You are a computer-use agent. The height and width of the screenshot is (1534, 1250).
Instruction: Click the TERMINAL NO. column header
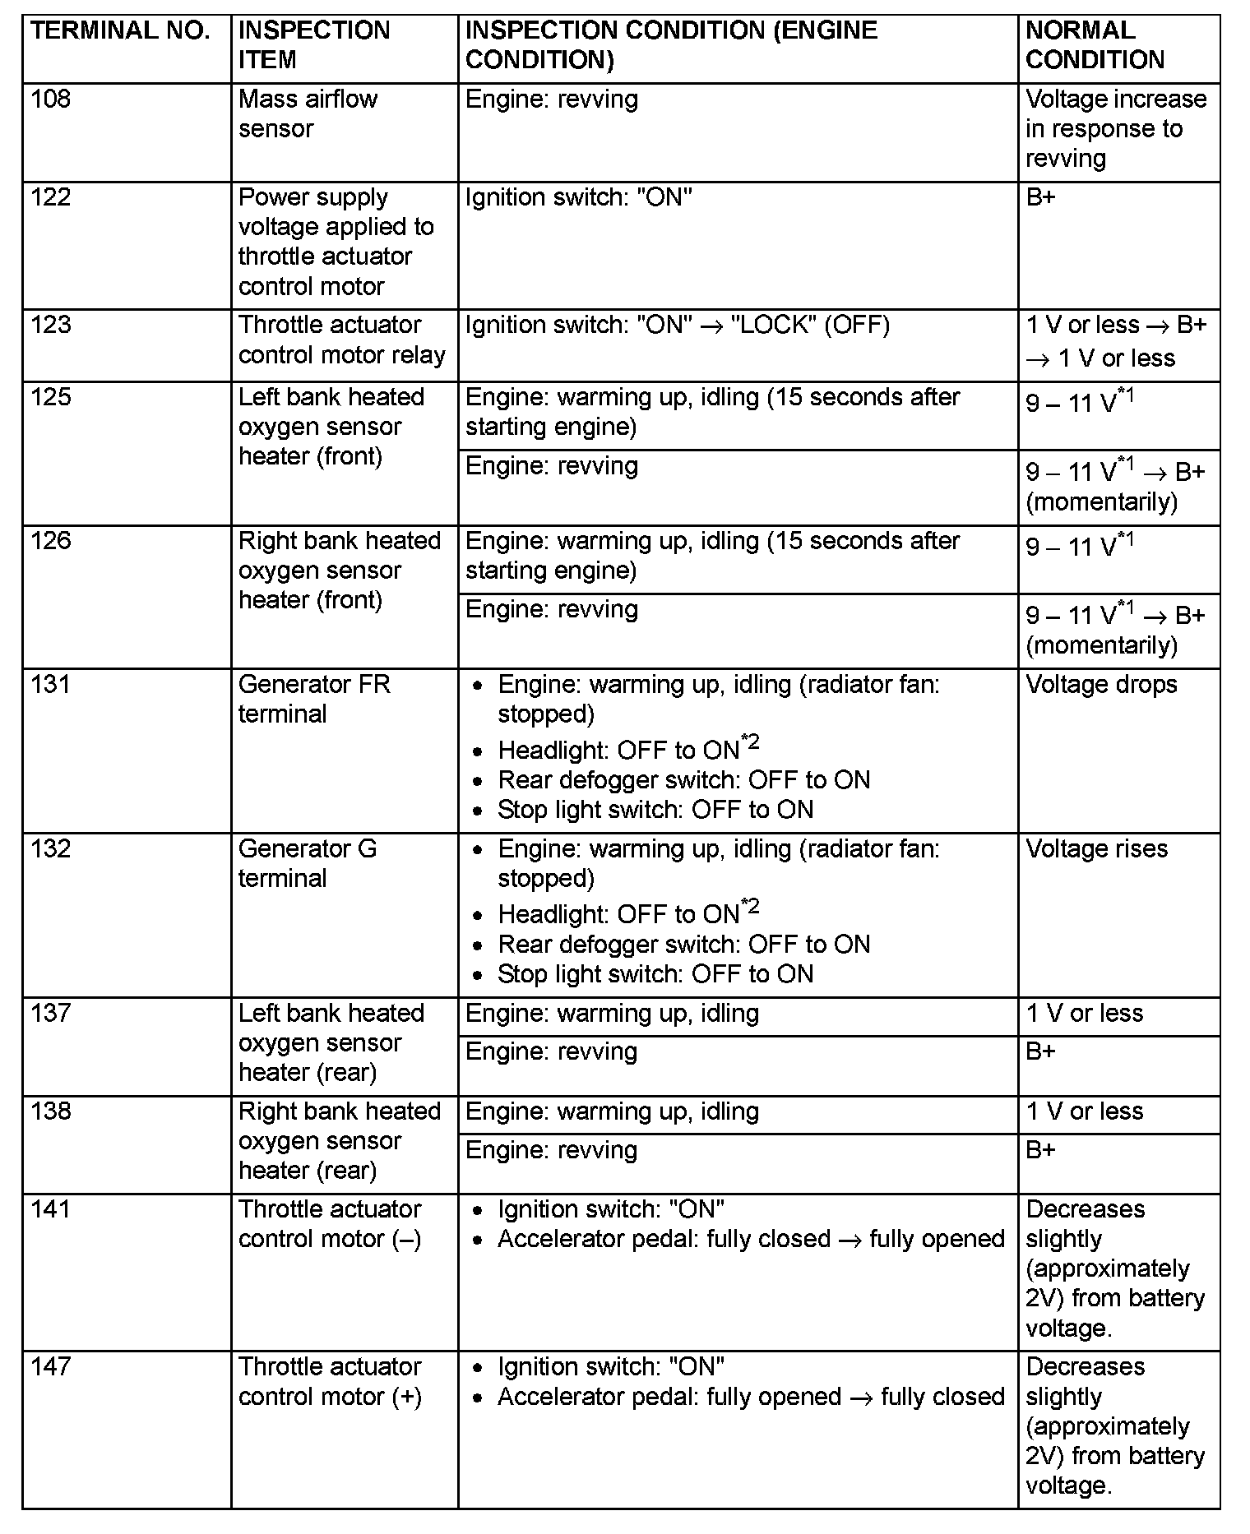point(120,31)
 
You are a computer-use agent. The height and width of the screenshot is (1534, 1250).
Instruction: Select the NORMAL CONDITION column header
point(1095,45)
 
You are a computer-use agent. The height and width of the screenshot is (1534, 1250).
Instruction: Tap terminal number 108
point(51,99)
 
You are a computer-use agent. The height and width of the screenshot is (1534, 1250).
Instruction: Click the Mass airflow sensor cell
point(308,113)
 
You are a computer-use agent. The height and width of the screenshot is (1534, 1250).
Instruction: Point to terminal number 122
point(51,197)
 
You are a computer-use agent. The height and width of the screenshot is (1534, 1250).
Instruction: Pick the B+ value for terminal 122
point(1040,197)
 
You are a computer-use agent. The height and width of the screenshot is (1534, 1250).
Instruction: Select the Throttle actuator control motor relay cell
point(341,340)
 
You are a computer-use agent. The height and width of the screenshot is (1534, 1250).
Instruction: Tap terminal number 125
point(51,397)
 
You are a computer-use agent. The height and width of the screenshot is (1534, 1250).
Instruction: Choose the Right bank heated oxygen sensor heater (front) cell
point(340,570)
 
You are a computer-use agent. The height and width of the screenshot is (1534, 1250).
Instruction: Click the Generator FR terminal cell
point(314,699)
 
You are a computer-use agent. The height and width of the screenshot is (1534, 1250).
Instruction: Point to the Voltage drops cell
point(1101,685)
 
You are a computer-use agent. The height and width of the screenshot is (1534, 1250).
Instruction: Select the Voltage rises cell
point(1096,848)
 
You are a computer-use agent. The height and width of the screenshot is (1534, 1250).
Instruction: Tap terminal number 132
point(51,848)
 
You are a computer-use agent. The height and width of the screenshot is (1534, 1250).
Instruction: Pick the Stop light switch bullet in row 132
point(655,974)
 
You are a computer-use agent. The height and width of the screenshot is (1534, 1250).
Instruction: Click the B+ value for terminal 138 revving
point(1040,1149)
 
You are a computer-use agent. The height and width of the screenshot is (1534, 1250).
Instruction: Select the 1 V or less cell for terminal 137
point(1084,1014)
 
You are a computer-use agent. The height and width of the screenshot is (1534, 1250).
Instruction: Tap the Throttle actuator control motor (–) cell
point(330,1224)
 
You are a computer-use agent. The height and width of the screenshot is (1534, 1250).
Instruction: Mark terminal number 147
point(51,1367)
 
